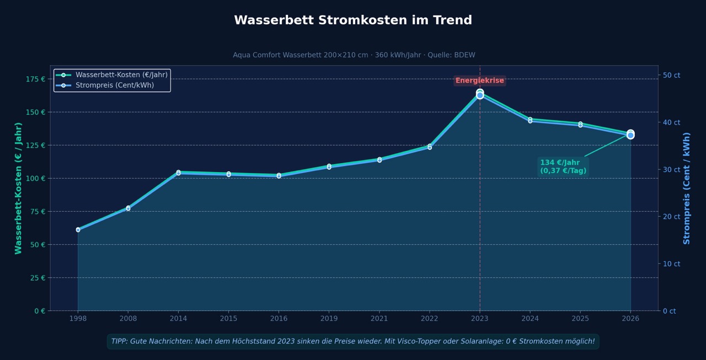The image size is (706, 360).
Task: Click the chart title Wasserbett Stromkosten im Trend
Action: point(353,20)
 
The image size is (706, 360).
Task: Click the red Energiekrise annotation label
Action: point(479,80)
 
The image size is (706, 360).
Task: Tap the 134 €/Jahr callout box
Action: point(563,166)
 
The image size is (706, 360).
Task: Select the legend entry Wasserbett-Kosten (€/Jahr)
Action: point(121,75)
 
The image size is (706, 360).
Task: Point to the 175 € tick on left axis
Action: point(36,79)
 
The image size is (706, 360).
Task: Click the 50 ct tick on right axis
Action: point(671,75)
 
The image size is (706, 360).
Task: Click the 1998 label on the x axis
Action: point(78,319)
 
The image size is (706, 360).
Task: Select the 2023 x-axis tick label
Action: point(480,319)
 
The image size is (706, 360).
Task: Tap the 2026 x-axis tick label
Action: point(630,319)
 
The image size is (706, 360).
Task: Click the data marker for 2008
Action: point(128,208)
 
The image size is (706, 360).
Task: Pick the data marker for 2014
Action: point(178,173)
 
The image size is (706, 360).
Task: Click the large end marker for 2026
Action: point(630,134)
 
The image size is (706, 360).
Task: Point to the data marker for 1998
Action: point(78,229)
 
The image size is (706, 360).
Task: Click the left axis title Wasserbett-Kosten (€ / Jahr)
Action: point(19,188)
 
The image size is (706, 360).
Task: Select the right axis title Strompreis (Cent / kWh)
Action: point(687,188)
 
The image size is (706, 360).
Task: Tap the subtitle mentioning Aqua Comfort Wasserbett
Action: point(354,55)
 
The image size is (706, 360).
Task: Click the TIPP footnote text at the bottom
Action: point(353,341)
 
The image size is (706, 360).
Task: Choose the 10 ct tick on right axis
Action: point(671,264)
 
